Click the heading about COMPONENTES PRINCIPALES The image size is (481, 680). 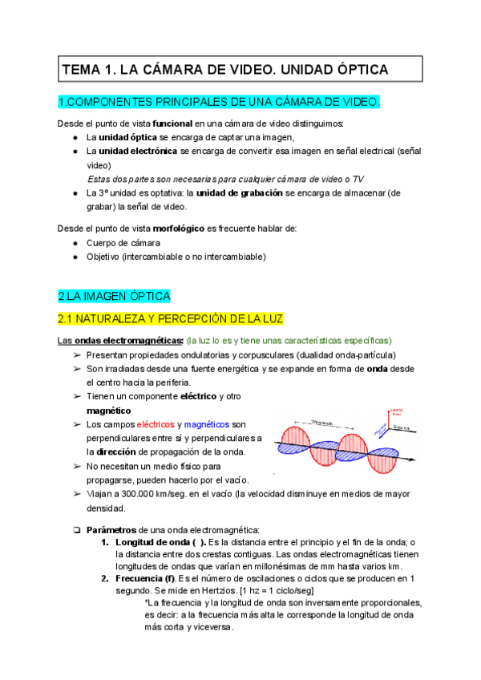coord(219,102)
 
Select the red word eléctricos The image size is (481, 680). coord(160,424)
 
